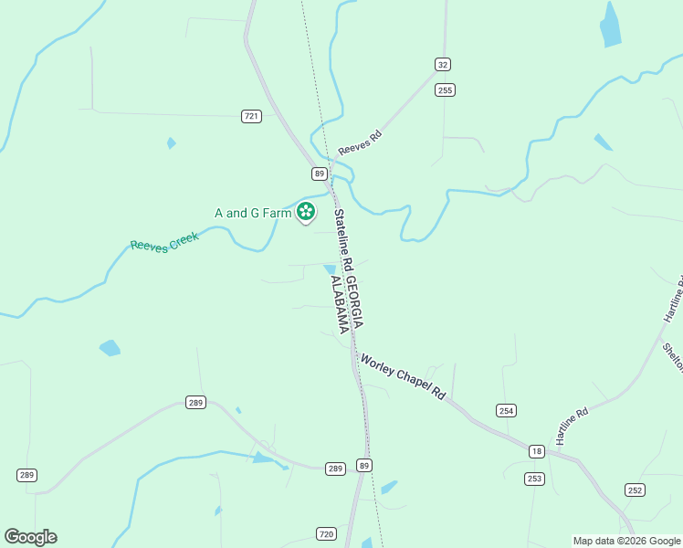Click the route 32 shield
click(x=443, y=64)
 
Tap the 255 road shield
click(x=445, y=90)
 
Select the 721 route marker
click(x=252, y=116)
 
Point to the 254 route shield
click(x=507, y=411)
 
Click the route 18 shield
click(x=536, y=451)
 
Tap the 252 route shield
click(x=636, y=490)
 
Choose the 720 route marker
click(x=327, y=533)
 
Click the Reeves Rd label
click(x=359, y=142)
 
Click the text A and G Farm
click(x=253, y=213)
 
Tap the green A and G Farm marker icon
click(x=306, y=213)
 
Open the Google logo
click(x=31, y=537)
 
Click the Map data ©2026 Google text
click(x=627, y=541)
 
